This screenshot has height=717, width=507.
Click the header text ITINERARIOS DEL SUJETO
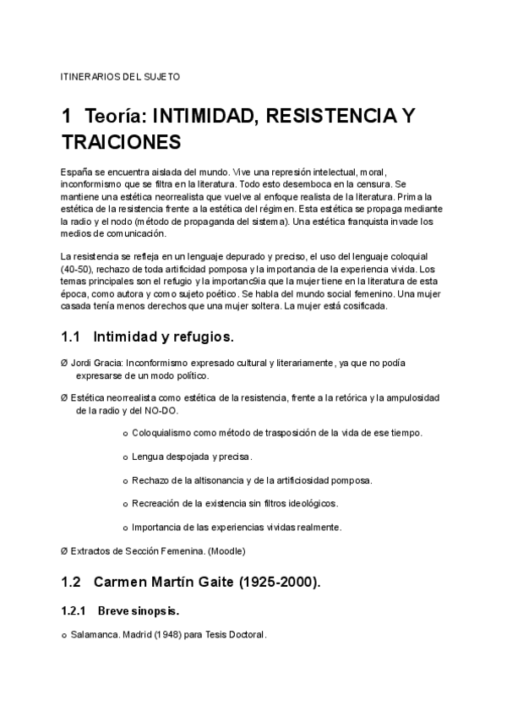pyautogui.click(x=120, y=77)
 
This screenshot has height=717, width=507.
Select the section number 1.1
pyautogui.click(x=71, y=337)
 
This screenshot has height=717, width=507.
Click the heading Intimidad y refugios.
pyautogui.click(x=163, y=337)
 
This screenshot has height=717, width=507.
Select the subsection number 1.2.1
pyautogui.click(x=75, y=610)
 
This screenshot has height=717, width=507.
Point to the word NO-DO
pyautogui.click(x=162, y=410)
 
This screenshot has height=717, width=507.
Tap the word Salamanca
pyautogui.click(x=94, y=634)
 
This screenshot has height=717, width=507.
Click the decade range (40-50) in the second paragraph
pyautogui.click(x=78, y=269)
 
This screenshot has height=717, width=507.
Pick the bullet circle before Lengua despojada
pyautogui.click(x=125, y=457)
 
